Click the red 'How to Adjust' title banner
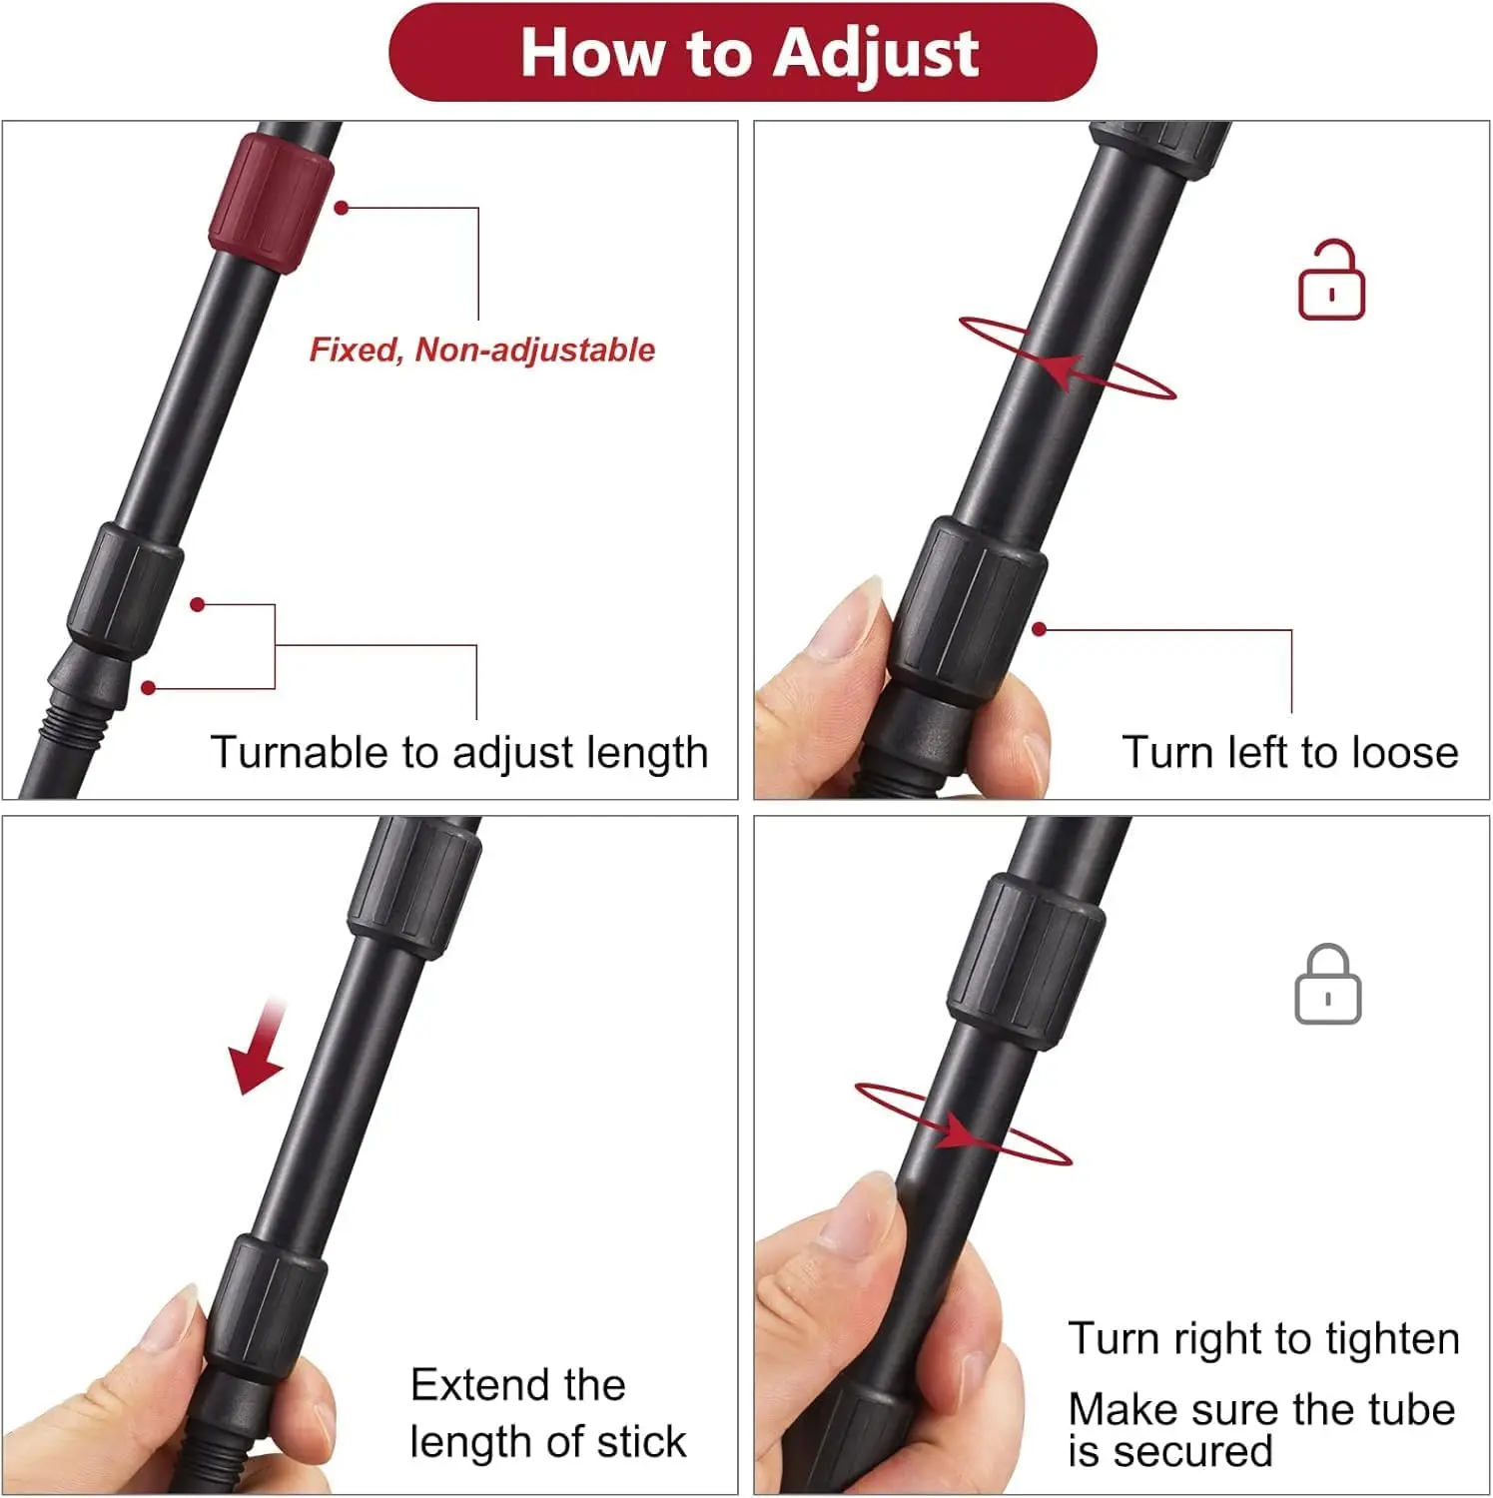[x=743, y=52]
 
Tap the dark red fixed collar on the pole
[x=271, y=204]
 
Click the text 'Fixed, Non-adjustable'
[x=482, y=350]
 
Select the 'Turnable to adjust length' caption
[x=459, y=752]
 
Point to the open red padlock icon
[x=1331, y=281]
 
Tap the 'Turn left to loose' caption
[x=1290, y=752]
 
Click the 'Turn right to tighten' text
[x=1264, y=1338]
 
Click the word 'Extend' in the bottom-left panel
[x=480, y=1385]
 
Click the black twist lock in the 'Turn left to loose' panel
[x=968, y=611]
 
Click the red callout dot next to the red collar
[x=342, y=208]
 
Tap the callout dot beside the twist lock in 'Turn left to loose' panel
[x=1040, y=629]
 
